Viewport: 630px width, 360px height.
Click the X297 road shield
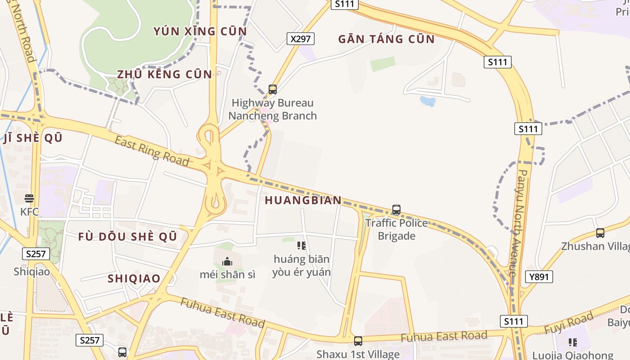[301, 39]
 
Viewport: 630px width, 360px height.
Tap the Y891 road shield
[539, 277]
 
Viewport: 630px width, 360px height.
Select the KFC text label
[29, 211]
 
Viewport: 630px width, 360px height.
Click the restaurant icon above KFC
[29, 198]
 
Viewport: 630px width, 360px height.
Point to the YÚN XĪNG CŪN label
[200, 31]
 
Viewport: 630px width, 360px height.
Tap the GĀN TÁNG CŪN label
[387, 39]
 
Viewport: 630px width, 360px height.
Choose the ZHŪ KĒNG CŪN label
[164, 75]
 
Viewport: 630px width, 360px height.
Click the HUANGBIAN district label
[303, 201]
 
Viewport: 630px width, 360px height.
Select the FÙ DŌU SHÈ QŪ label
[127, 237]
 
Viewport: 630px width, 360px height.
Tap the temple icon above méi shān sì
[227, 261]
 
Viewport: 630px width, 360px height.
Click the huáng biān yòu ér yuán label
[301, 265]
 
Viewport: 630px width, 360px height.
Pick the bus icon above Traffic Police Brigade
[396, 210]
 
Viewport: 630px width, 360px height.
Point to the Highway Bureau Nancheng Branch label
[272, 109]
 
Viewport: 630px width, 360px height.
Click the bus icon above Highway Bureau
[272, 89]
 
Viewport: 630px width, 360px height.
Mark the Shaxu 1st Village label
[358, 354]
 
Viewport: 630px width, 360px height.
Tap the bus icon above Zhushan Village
[600, 233]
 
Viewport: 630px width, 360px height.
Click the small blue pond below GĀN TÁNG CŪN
[427, 101]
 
